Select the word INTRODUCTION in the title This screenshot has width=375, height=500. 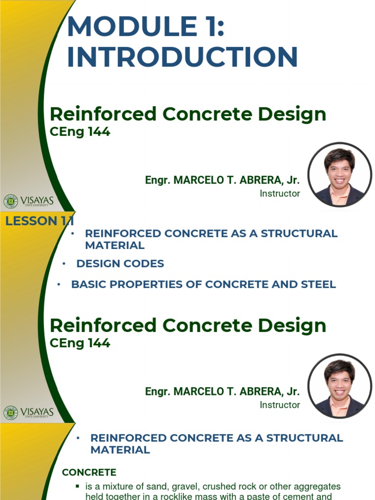182,57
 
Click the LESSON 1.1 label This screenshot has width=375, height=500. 39,221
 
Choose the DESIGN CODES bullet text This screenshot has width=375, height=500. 120,264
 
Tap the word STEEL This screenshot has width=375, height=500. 318,284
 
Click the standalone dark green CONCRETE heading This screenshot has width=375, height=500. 89,472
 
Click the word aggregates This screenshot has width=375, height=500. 317,487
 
